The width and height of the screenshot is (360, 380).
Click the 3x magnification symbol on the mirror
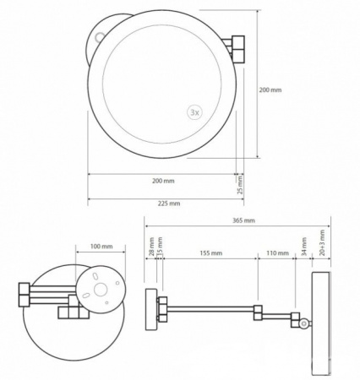coord(195,112)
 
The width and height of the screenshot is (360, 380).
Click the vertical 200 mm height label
coord(270,90)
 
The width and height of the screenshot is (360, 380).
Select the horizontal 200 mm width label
coord(163,181)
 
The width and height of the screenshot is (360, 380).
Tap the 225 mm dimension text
coord(169,204)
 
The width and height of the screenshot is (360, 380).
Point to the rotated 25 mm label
coord(240,185)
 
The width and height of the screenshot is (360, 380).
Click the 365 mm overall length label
coord(243,220)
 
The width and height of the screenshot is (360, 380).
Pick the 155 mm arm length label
coord(211,253)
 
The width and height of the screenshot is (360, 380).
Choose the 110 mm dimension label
coord(277,253)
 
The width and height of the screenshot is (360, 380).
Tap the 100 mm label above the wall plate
coord(101,247)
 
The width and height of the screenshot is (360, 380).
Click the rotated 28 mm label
coord(151,247)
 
